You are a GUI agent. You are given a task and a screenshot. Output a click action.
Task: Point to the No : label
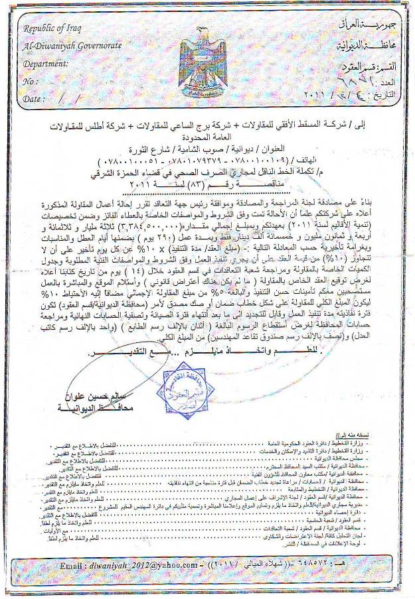(29, 81)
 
